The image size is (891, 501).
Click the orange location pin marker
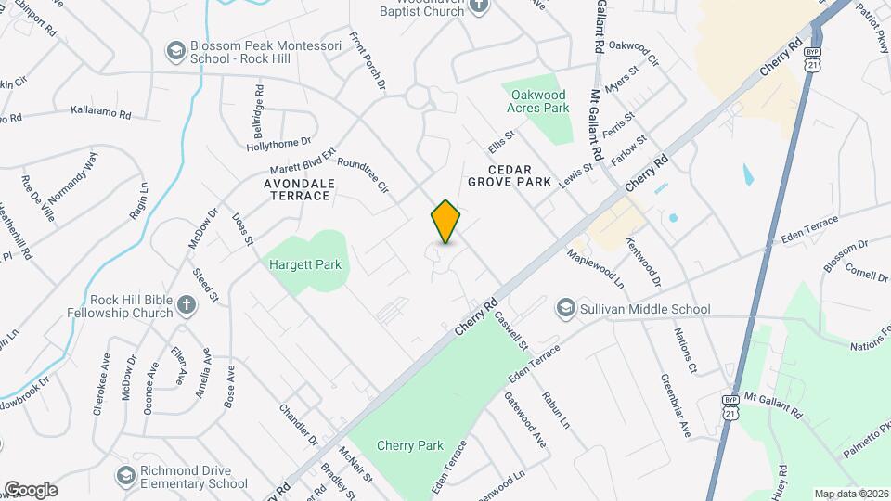pos(446,221)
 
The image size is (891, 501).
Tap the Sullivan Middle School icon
pos(564,308)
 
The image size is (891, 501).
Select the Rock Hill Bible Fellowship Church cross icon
pos(187,305)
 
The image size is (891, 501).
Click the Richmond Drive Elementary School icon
pos(125,476)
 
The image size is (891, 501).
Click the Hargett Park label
pos(305,265)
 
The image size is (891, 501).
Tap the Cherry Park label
pos(410,445)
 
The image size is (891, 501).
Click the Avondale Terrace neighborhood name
pos(284,189)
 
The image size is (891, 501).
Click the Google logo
pos(31,489)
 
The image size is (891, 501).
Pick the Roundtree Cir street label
pos(362,175)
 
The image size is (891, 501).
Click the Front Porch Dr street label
pos(367,62)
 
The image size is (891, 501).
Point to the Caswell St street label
pos(510,331)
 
